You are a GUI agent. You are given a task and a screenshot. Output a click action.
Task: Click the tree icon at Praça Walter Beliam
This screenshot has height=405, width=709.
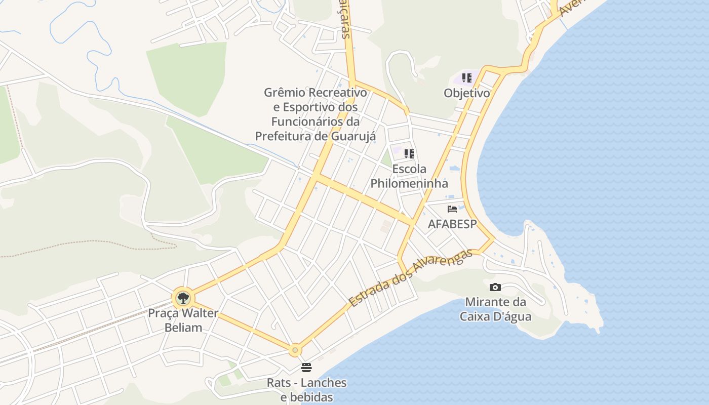(x=183, y=298)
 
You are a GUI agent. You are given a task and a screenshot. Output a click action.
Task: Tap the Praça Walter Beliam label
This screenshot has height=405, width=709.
(x=183, y=320)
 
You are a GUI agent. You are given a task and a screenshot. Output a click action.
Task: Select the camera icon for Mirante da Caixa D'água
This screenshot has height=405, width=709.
(x=495, y=287)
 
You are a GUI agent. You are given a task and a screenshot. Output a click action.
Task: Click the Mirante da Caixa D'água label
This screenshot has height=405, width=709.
(x=495, y=309)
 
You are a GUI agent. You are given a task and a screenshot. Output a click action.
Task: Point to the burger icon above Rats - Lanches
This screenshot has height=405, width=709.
(x=306, y=367)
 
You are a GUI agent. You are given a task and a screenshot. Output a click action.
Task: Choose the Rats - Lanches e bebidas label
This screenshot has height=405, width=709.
(x=307, y=390)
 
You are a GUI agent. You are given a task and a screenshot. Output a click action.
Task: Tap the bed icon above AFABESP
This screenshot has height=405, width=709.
(x=452, y=209)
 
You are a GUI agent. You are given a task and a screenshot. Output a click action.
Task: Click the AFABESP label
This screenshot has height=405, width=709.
(x=452, y=224)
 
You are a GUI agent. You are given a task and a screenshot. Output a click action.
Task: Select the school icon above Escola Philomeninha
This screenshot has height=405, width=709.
(x=409, y=153)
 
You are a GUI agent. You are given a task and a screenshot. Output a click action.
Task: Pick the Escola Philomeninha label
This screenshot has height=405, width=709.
(x=409, y=176)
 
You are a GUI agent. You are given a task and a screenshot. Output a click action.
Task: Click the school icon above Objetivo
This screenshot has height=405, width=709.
(x=467, y=78)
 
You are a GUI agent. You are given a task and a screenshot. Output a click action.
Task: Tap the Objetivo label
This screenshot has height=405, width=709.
(x=467, y=93)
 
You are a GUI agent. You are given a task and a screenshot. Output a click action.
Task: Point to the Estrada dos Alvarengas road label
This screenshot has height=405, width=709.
(x=411, y=278)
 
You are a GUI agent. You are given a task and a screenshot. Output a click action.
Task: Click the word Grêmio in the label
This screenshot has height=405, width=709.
(x=285, y=93)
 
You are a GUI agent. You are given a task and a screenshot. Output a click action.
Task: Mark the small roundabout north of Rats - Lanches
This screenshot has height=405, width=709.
(x=295, y=350)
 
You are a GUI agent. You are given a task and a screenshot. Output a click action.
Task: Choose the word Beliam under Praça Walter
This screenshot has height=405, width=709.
(x=183, y=328)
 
